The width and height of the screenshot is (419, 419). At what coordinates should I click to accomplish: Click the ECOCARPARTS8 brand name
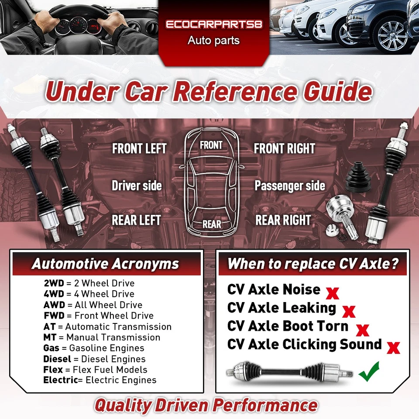(214, 24)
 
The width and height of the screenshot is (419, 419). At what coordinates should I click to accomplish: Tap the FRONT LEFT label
(139, 149)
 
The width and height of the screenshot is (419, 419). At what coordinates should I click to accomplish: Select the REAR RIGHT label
(283, 220)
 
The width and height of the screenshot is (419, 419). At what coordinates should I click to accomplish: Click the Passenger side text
(290, 186)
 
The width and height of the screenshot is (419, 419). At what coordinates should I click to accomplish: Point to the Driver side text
(137, 186)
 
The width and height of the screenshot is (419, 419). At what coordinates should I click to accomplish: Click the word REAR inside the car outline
(212, 224)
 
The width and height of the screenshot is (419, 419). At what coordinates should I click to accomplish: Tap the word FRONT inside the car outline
(211, 145)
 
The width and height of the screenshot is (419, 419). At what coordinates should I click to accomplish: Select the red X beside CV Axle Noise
(333, 293)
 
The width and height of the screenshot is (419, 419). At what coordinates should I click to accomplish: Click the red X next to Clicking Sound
(394, 347)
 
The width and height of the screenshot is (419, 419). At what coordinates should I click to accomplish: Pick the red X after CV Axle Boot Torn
(363, 330)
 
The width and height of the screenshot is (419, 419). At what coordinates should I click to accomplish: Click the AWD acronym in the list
(53, 305)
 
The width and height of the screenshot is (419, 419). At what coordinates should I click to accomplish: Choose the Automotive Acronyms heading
(105, 264)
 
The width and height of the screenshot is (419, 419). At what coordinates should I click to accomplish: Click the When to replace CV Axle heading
(313, 264)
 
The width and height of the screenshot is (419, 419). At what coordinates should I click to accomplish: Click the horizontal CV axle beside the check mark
(288, 372)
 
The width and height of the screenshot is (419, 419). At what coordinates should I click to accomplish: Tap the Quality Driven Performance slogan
(206, 405)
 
